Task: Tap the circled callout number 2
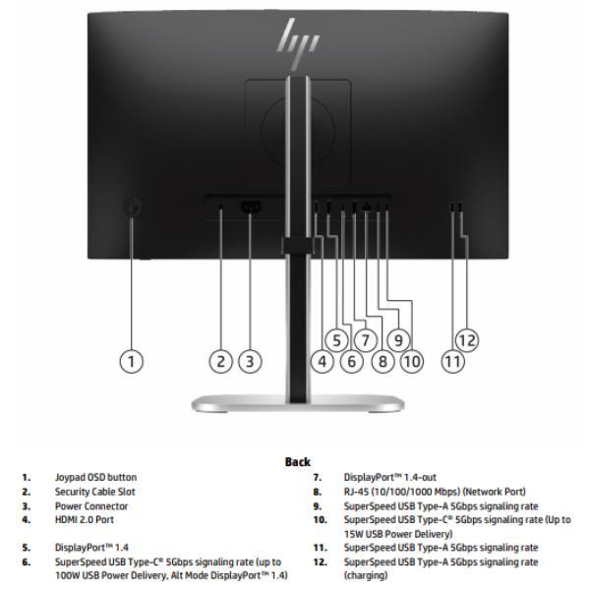coord(222,361)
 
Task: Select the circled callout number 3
coord(251,361)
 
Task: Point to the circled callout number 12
coord(467,340)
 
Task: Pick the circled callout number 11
coord(452,361)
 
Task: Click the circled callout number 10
coord(411,361)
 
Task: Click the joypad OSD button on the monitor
coord(135,207)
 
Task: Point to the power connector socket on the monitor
coord(249,208)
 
